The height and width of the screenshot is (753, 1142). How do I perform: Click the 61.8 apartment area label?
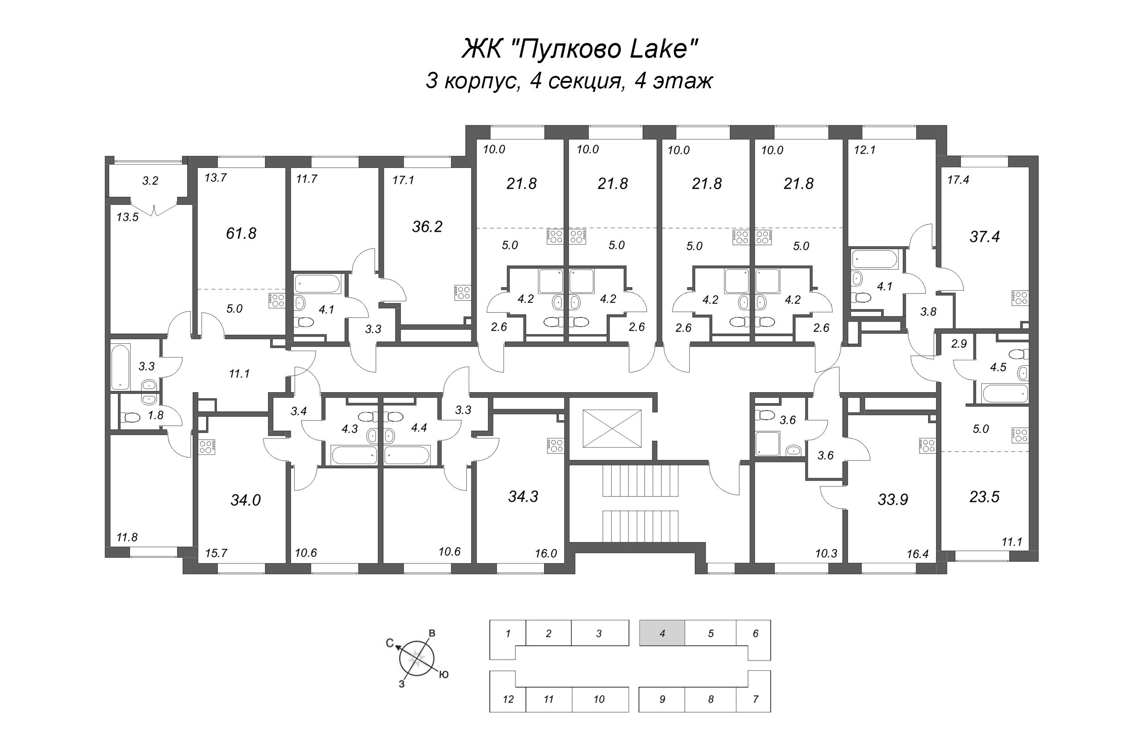[241, 233]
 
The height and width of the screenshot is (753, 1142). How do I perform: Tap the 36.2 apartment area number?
[427, 227]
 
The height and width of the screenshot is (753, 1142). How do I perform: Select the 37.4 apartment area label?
[984, 237]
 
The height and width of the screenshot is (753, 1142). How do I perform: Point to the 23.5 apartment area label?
[984, 497]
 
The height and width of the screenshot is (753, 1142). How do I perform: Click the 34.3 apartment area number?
[523, 497]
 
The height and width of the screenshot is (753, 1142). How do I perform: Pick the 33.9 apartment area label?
[893, 500]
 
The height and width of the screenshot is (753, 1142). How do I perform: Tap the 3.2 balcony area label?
[150, 181]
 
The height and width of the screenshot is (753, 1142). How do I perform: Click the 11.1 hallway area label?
[239, 373]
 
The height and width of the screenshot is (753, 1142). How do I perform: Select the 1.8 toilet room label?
[156, 415]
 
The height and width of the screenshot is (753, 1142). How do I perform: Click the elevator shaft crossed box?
[612, 428]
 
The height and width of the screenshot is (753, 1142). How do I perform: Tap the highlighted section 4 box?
[662, 633]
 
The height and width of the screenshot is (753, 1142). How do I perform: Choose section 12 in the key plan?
[508, 699]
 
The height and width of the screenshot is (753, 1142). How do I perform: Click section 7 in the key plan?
[755, 699]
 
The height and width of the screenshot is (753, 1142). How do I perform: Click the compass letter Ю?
[444, 675]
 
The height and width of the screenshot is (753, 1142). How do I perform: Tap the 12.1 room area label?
[865, 150]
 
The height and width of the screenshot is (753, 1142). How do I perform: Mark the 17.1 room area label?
[403, 180]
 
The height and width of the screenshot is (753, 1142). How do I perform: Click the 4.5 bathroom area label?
[998, 368]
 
